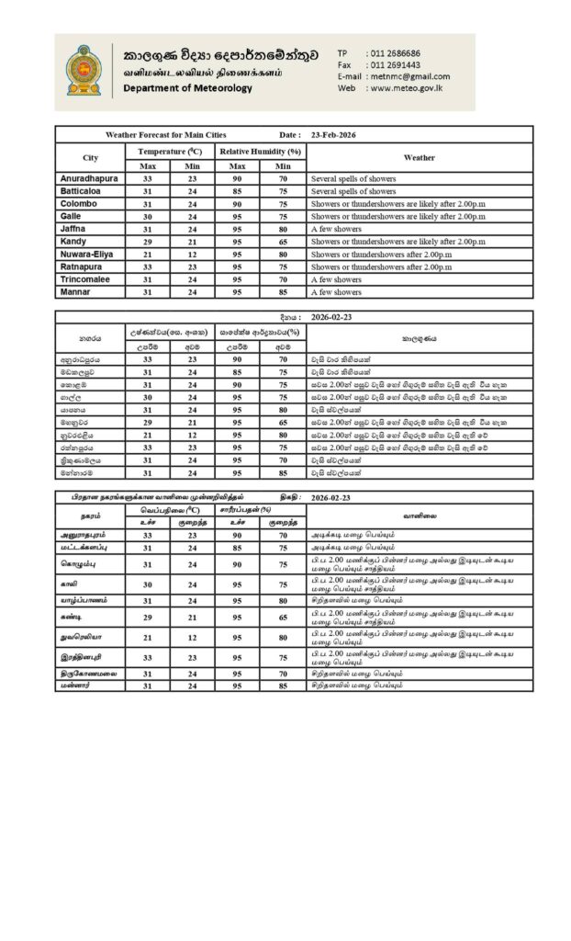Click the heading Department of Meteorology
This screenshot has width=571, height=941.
(186, 88)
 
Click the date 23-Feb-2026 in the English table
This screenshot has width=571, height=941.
(333, 135)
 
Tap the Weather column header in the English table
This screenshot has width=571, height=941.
(420, 157)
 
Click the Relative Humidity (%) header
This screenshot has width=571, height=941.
(260, 150)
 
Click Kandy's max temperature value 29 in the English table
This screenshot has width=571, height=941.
(148, 241)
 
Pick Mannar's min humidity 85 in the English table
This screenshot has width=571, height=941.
(283, 292)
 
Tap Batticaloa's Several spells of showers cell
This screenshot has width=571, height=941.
(353, 190)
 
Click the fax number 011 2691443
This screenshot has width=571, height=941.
(393, 65)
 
